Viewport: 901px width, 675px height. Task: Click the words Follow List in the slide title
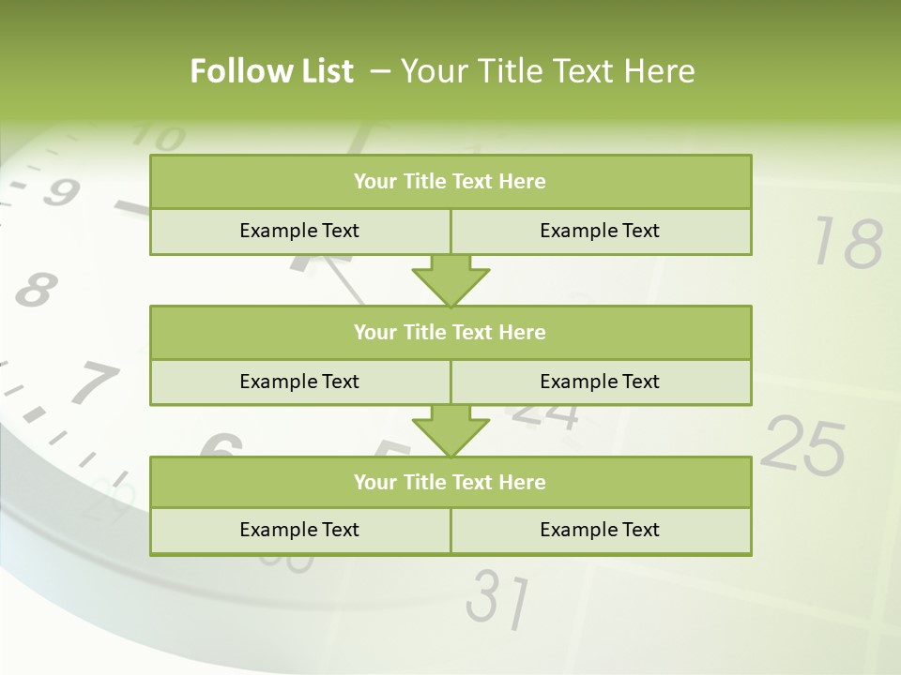[x=272, y=71]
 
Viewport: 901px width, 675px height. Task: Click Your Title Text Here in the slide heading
[x=548, y=71]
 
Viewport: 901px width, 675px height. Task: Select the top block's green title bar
[x=450, y=182]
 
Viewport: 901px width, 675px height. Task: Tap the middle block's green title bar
[x=450, y=332]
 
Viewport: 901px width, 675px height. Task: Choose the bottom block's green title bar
[x=450, y=482]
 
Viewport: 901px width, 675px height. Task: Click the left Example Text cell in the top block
[x=300, y=231]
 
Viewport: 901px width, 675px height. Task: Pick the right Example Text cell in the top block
[x=601, y=231]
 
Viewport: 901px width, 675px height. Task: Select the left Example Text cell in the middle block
[x=300, y=382]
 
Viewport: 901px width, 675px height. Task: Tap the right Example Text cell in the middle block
[x=601, y=382]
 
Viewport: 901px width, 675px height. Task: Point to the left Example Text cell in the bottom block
[x=300, y=530]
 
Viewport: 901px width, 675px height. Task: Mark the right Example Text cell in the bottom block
[x=601, y=530]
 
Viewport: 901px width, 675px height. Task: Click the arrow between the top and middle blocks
[x=450, y=280]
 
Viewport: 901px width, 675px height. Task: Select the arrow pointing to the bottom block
[x=450, y=430]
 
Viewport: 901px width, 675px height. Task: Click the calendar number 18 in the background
[x=848, y=243]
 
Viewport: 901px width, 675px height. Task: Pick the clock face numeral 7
[x=94, y=382]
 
